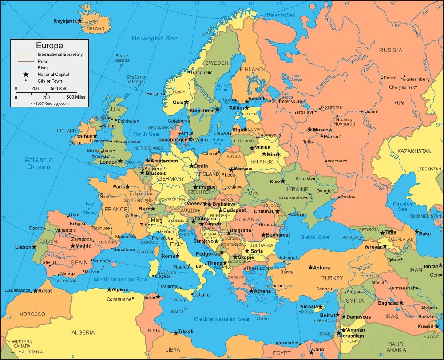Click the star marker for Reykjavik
point(79,21)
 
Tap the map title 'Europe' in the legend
point(49,46)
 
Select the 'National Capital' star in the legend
point(26,75)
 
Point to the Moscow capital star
point(310,130)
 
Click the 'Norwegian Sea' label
point(155,39)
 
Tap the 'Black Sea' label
point(315,237)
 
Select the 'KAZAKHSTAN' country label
point(414,151)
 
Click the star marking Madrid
point(72,246)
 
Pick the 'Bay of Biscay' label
point(90,208)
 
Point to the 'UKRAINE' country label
point(293,190)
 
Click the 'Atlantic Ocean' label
point(39,163)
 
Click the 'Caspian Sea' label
point(402,207)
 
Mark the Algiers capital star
point(109,289)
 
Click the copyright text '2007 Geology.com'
point(50,103)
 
